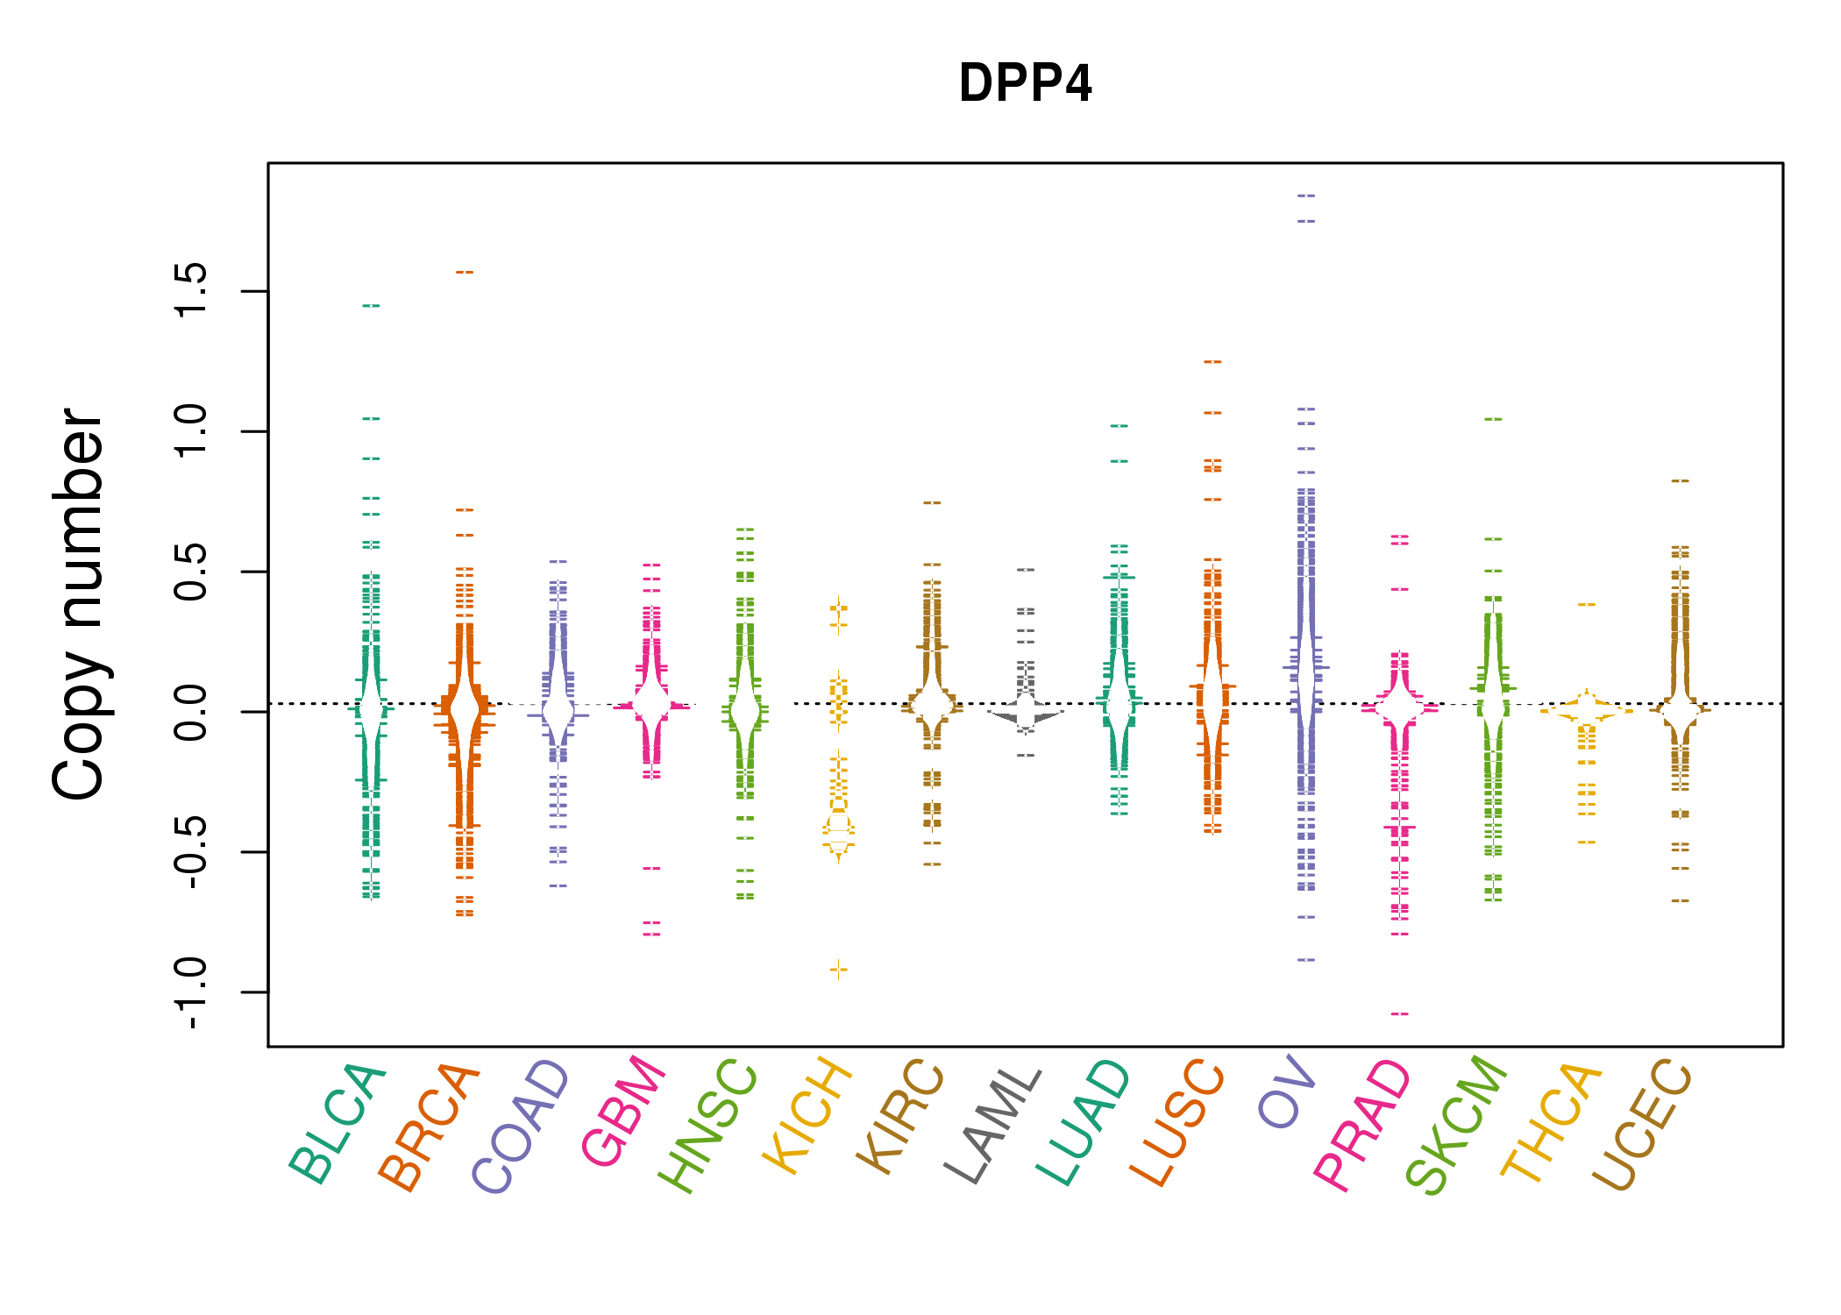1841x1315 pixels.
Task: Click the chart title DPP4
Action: tap(1025, 83)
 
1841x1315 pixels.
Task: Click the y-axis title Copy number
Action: tap(78, 604)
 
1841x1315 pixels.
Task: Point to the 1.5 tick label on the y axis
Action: tap(191, 290)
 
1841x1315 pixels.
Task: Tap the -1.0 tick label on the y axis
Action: tap(191, 992)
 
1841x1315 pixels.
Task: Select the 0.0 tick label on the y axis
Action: tap(191, 712)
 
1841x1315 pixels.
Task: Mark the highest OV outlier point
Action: tap(1306, 195)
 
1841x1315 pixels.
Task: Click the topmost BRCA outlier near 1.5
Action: tap(465, 273)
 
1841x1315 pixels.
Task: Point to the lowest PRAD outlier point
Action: tap(1400, 1014)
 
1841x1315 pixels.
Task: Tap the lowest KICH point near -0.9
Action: tap(839, 970)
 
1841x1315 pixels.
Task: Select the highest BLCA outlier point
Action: tap(372, 306)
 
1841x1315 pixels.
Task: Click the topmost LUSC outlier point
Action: tap(1212, 362)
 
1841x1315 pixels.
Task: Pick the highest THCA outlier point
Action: tap(1587, 605)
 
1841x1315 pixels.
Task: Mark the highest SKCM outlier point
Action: tap(1493, 420)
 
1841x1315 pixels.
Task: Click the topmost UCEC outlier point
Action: tap(1680, 481)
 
